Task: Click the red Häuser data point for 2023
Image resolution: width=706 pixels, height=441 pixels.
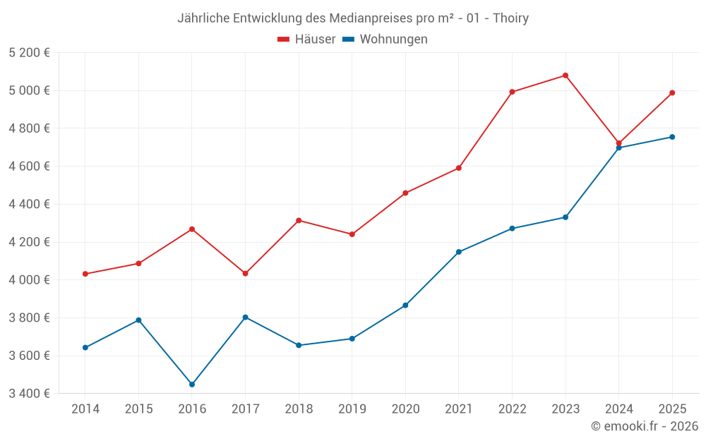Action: pos(566,75)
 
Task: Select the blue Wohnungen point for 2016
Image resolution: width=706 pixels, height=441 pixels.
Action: pos(192,385)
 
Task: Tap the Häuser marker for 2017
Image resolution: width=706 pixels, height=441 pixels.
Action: pos(245,273)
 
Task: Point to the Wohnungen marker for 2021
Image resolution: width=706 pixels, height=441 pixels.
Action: pos(459,252)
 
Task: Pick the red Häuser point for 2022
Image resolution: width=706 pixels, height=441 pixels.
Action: pos(512,92)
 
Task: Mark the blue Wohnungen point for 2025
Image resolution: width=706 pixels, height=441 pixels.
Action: pos(672,137)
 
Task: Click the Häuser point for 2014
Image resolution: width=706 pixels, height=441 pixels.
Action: pos(85,274)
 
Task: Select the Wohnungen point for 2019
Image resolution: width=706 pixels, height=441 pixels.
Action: pos(352,339)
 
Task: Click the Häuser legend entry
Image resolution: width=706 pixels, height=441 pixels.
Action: pos(306,40)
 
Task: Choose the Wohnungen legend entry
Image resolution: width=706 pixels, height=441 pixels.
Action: pos(385,40)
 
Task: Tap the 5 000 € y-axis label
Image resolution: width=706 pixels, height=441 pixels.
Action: pos(30,90)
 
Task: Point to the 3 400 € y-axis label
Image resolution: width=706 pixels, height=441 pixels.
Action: pos(30,393)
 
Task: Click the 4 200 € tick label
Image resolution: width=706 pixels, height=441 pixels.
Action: pos(30,242)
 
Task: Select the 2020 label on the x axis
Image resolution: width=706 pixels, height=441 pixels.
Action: pos(405,409)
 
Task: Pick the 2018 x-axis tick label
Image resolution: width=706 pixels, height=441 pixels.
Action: pos(299,409)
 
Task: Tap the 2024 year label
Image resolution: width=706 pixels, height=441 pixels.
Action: pos(618,409)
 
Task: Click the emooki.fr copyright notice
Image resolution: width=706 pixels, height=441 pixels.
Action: pos(645,426)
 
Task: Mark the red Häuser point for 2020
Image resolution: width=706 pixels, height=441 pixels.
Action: pos(405,193)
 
